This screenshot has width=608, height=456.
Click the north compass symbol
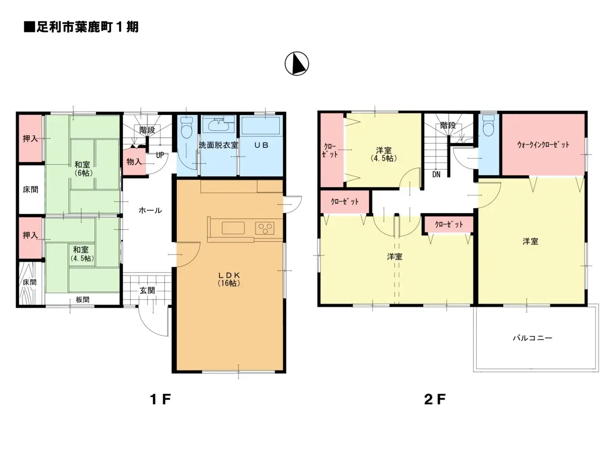[x=296, y=63]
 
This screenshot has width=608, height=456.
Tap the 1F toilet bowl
[x=186, y=127]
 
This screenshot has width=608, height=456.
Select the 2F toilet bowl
[x=488, y=126]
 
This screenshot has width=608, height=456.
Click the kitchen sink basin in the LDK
[x=233, y=228]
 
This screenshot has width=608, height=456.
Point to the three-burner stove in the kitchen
[x=265, y=228]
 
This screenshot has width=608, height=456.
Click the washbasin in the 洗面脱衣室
[x=219, y=124]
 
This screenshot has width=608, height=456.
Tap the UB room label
[x=261, y=145]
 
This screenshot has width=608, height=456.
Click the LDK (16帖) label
[x=229, y=279]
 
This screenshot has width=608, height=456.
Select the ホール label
[x=150, y=210]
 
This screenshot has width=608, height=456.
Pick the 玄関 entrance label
[x=147, y=290]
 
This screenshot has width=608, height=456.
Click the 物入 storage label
[x=134, y=161]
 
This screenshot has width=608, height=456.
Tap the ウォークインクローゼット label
[x=543, y=144]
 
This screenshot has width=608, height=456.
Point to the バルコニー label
[x=532, y=338]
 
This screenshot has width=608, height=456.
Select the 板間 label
[x=83, y=300]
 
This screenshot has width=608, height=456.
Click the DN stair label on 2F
[x=436, y=174]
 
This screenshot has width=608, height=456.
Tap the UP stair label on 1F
[x=160, y=155]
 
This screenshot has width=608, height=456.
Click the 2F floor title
[x=435, y=399]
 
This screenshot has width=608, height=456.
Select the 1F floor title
[x=160, y=399]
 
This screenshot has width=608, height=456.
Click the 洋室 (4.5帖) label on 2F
[x=384, y=154]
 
